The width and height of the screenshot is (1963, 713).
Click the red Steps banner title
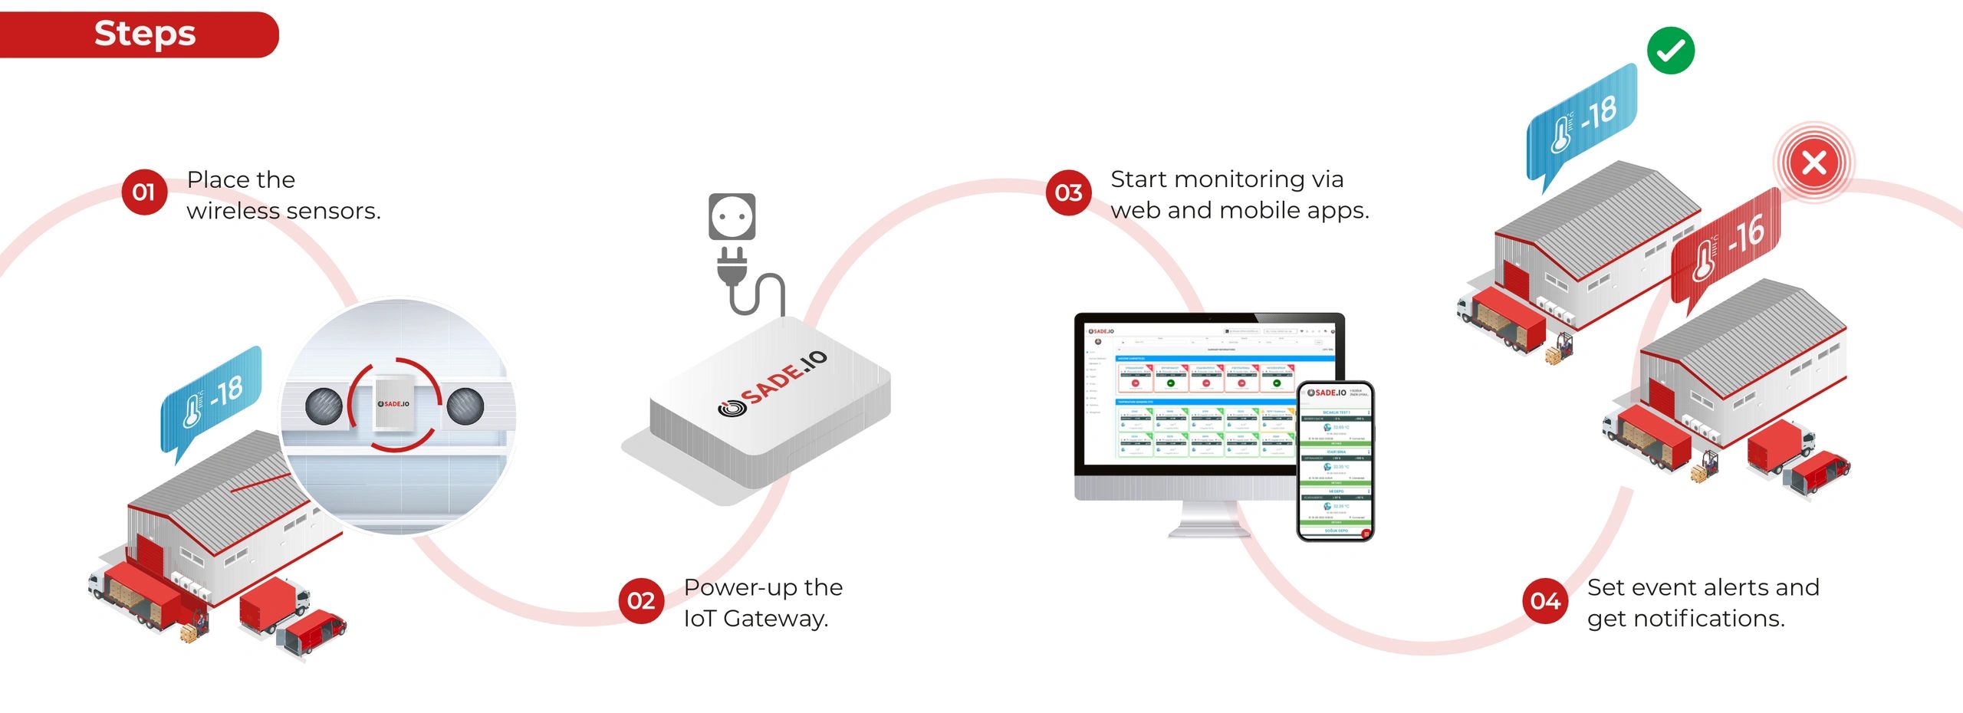pos(145,34)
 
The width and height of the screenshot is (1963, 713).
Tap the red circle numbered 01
pos(143,192)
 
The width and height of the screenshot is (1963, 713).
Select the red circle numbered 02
pos(641,600)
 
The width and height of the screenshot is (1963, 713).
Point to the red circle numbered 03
pos(1068,192)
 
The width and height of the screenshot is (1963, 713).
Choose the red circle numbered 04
pos(1545,600)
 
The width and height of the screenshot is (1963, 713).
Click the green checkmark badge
pos(1670,51)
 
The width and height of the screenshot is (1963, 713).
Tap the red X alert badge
pos(1813,163)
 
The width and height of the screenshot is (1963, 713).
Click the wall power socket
pos(732,216)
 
